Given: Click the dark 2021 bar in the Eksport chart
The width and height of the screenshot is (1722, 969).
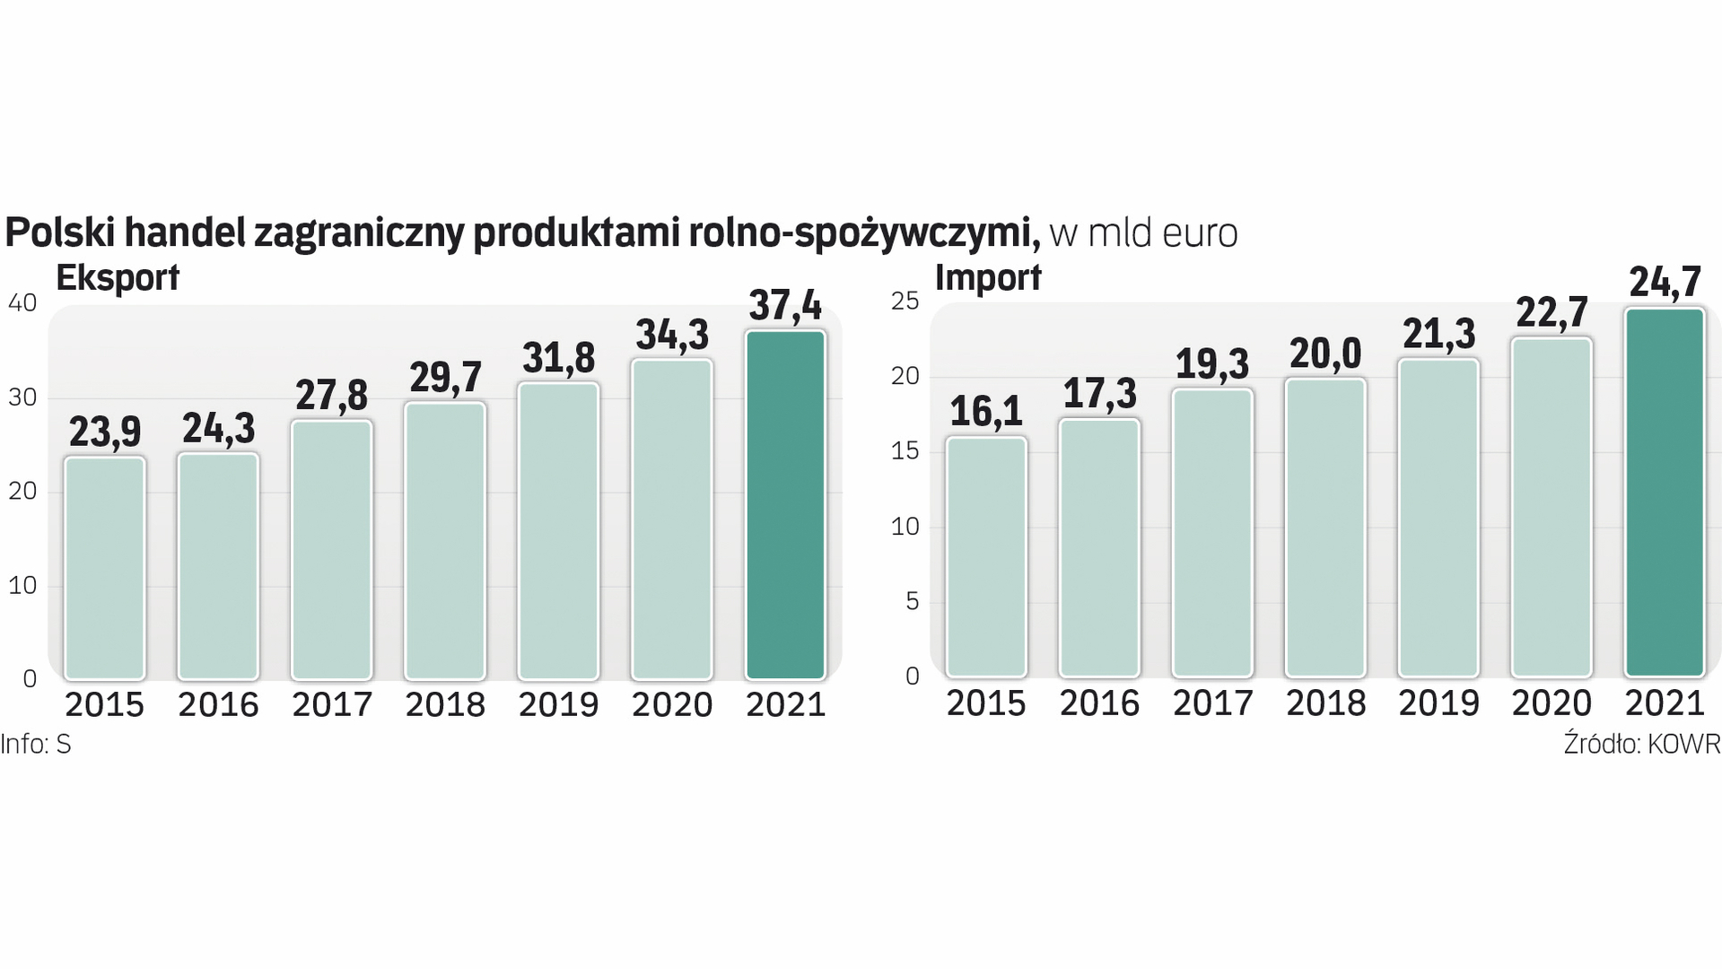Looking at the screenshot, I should click(x=785, y=505).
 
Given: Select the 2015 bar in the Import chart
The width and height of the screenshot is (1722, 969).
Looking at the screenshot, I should click(x=985, y=556).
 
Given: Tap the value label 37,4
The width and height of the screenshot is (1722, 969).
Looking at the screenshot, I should click(x=785, y=305).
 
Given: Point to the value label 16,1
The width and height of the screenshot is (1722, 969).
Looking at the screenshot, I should click(x=985, y=411).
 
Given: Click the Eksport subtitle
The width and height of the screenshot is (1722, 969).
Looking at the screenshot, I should click(x=118, y=278).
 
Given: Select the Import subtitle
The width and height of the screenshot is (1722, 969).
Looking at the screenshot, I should click(x=988, y=278).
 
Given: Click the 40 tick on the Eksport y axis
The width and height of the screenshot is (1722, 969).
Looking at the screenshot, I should click(x=22, y=303).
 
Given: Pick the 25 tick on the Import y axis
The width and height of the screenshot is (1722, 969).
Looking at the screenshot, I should click(x=905, y=301).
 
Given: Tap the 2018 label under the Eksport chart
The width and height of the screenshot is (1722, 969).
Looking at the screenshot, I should click(x=445, y=705).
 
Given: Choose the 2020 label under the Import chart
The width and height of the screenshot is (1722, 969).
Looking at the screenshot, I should click(x=1552, y=703).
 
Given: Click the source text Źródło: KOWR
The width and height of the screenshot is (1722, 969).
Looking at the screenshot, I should click(x=1641, y=745).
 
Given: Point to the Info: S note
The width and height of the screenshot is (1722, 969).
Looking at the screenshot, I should click(x=36, y=745).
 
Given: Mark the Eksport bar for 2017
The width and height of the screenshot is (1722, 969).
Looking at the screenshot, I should click(x=331, y=549).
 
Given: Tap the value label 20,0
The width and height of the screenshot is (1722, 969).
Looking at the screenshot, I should click(x=1325, y=354).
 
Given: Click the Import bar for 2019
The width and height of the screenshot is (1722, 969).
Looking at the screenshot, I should click(x=1438, y=518).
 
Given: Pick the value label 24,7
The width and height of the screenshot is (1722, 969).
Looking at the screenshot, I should click(x=1665, y=283).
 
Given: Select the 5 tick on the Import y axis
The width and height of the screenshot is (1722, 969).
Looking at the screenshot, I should click(x=913, y=601).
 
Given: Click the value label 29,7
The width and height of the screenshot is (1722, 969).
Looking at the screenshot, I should click(x=445, y=378).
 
